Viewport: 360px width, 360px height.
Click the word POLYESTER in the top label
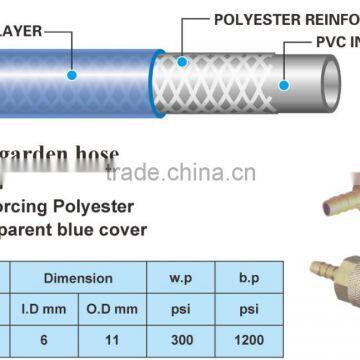253,19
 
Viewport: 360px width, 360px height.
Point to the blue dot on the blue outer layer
71,73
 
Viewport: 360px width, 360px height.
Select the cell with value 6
58,339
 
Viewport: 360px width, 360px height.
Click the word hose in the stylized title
96,157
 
